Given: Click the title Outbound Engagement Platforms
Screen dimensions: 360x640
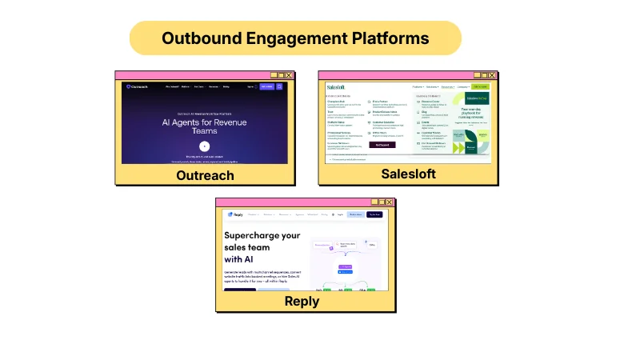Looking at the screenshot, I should coord(295,38).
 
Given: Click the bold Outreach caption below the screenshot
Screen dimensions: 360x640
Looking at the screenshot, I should coord(205,175).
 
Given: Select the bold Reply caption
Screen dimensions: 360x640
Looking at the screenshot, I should coord(302,301).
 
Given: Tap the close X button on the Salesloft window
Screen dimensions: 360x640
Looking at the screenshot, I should coord(492,74).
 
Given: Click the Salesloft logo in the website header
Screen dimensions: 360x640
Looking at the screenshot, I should coord(338,86).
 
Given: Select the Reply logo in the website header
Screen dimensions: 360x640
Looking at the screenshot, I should coord(235,214).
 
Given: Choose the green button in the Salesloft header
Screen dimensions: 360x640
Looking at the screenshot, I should coord(479,86).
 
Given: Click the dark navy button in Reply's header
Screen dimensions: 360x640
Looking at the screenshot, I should coord(374,214).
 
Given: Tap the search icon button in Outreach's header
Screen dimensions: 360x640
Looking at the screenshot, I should coord(279,86).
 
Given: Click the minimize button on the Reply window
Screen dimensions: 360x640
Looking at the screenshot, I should coord(373,202).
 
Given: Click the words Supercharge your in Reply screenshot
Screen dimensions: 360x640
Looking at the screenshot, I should coord(262,235).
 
